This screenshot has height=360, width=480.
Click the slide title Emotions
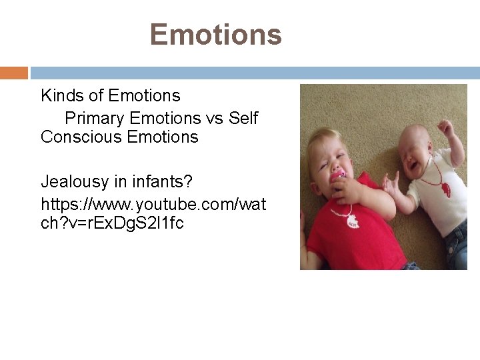(216, 34)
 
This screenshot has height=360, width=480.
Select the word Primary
(95, 119)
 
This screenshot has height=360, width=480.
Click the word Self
(243, 119)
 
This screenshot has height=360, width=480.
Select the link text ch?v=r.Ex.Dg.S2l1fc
(112, 223)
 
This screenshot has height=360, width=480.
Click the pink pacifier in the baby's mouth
(339, 176)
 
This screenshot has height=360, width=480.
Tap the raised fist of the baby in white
(445, 127)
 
